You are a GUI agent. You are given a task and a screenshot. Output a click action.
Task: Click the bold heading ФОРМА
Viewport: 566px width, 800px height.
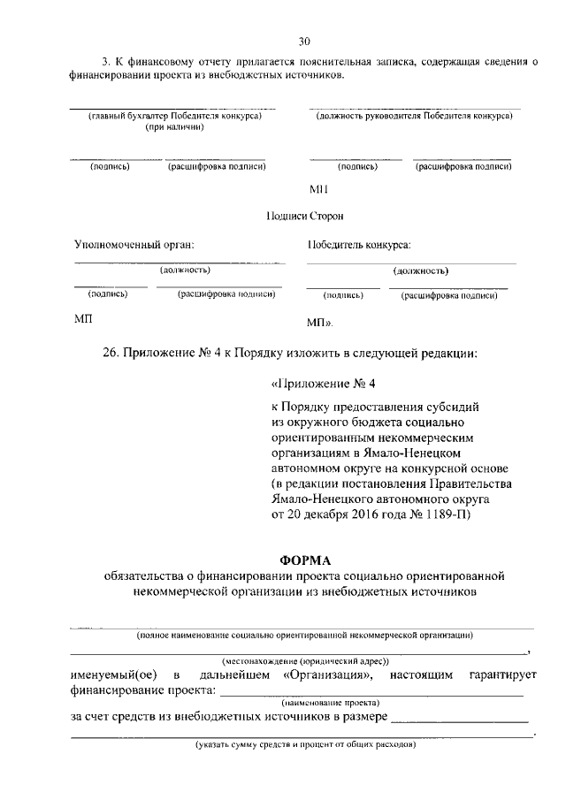point(304,560)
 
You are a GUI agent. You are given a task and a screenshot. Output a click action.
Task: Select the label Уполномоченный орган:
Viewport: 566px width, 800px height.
point(134,244)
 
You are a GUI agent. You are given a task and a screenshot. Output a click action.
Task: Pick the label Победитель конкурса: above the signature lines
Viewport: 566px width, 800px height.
point(359,244)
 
